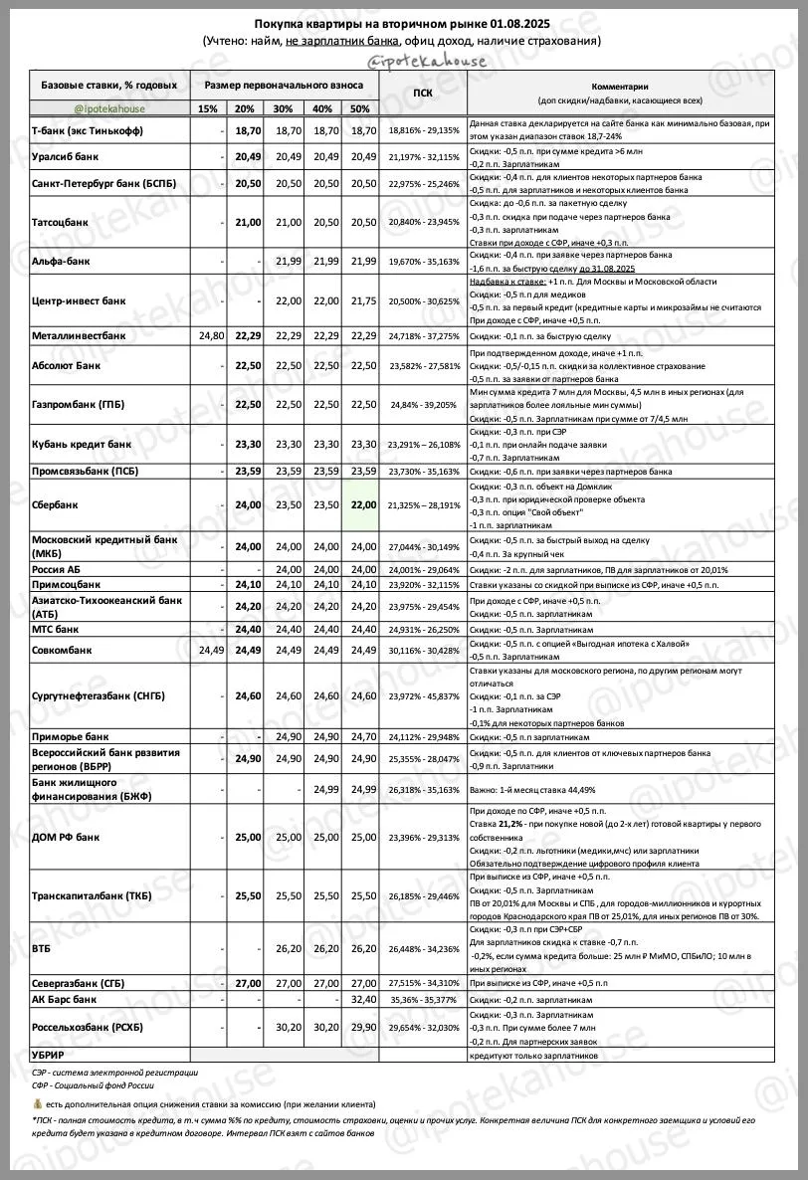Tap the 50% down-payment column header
360,108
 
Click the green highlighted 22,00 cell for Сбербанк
360,504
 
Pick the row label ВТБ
42,949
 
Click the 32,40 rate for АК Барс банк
362,998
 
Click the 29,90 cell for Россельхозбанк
362,1026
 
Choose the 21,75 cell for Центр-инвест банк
362,300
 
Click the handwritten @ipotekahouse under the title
427,61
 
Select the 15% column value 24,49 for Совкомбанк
206,651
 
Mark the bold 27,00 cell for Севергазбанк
246,982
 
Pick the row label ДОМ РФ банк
67,837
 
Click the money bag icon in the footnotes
37,1104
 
